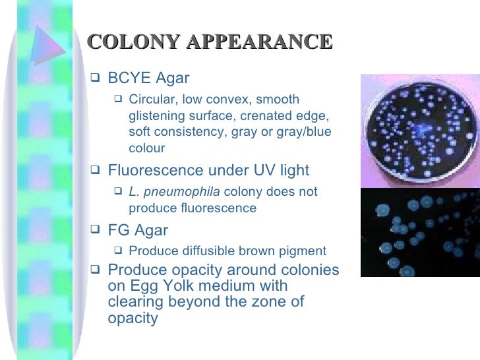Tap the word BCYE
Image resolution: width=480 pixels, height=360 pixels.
[x=127, y=79]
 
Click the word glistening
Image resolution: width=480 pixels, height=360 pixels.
[x=158, y=116]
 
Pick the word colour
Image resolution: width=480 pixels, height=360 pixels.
[x=146, y=148]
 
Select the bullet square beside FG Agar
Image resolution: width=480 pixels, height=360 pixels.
[x=94, y=230]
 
